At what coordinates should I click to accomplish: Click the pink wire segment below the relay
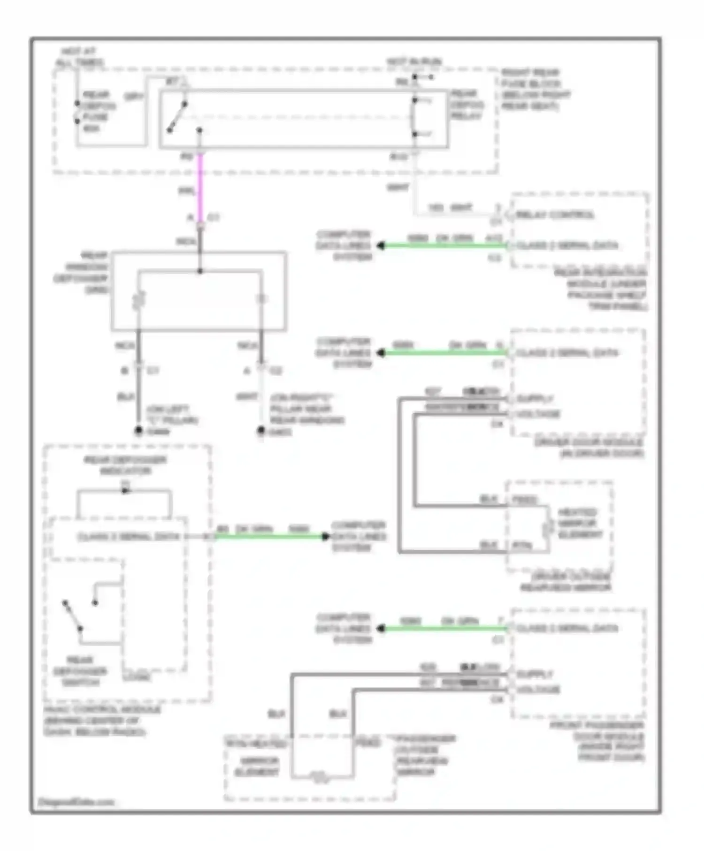coord(200,188)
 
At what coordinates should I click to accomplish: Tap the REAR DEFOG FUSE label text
coord(98,111)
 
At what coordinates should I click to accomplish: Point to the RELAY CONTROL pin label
coord(555,215)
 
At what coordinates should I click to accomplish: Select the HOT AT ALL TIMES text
coord(80,57)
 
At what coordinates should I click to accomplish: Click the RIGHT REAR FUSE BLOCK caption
coord(535,89)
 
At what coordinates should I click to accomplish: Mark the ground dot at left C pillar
coord(138,430)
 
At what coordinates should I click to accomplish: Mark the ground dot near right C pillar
coord(261,431)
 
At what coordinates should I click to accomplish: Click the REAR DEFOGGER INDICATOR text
coord(125,465)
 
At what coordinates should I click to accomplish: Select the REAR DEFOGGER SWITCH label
coord(80,671)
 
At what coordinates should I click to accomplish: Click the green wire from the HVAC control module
coord(270,536)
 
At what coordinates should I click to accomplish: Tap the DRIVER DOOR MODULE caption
coord(589,448)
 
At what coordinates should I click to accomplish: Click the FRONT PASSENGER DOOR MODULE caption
coord(605,741)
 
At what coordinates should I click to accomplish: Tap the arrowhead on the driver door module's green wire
coord(381,353)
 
